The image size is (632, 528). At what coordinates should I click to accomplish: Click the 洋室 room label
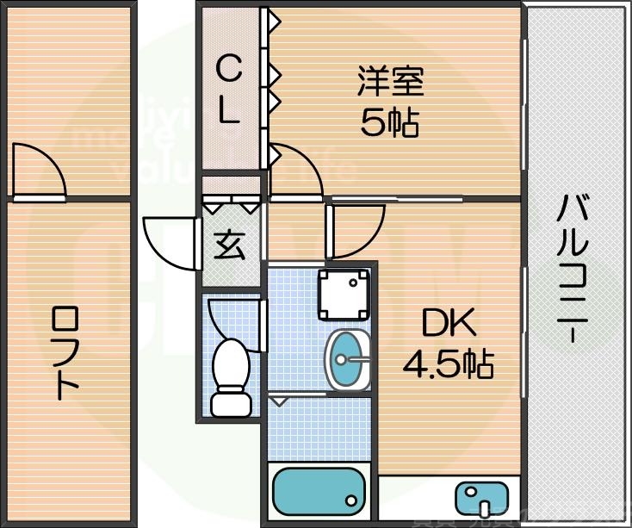390,84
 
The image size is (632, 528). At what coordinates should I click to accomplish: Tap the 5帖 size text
390,124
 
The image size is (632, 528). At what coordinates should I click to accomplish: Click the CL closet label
227,89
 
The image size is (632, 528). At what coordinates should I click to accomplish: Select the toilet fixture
230,365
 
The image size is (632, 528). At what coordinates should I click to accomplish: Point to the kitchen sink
483,499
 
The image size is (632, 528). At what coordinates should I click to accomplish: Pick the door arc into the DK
354,231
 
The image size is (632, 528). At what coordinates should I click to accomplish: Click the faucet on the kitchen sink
484,504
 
